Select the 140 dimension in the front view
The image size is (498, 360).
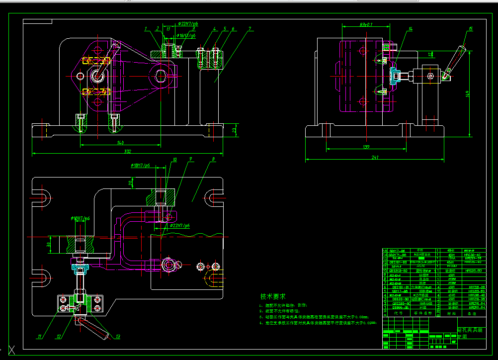coord(120,143)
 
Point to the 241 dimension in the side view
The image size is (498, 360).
coord(375,158)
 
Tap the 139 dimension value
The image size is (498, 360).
coord(366,147)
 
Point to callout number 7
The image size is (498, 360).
coord(250,29)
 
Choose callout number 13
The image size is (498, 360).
coord(118,337)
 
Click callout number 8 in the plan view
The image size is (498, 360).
coord(213,160)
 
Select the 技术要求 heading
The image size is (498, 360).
coord(273,296)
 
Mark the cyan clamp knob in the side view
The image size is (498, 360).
coord(394,76)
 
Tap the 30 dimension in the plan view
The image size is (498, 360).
coord(49,244)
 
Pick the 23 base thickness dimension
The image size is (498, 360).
coord(234,130)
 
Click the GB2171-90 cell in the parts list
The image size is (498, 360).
coord(397,255)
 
